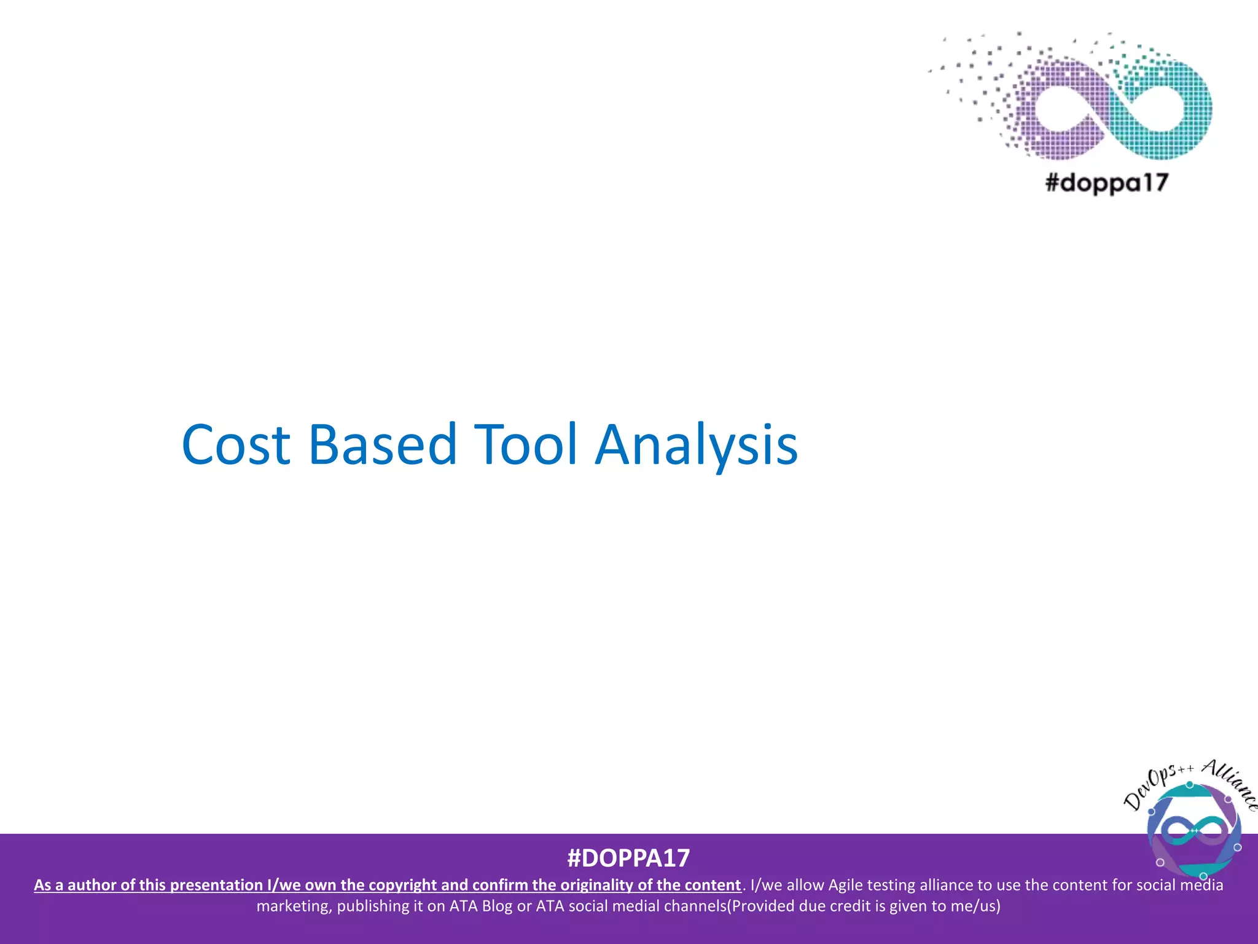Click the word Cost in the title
(236, 444)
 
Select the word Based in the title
(382, 444)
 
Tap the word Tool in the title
(526, 444)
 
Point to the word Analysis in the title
(697, 444)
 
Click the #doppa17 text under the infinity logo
(1106, 183)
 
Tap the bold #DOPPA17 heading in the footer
(628, 858)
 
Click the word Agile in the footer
(846, 885)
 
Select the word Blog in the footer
(497, 906)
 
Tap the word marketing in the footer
(294, 906)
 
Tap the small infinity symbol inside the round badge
(1194, 831)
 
